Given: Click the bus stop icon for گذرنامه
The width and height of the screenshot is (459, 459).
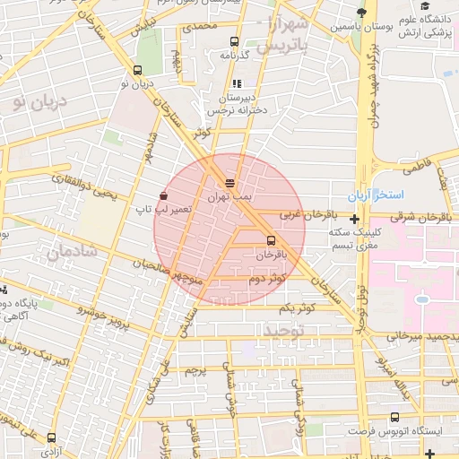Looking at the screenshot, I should point(234,41).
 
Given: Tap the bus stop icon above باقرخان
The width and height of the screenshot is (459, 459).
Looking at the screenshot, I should point(271,240).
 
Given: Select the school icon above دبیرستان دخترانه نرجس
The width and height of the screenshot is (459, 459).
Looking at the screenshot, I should point(237,83).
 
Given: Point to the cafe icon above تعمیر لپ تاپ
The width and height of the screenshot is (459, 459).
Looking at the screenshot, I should point(163,195).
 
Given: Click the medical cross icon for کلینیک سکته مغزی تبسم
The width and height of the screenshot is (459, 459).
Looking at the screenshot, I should point(355,219).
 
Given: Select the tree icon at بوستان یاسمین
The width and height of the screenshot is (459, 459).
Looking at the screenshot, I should point(360,13).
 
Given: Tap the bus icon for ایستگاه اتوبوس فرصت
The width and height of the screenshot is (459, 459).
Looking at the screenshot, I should point(395,417).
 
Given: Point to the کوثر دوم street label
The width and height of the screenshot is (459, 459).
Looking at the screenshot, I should point(267,278).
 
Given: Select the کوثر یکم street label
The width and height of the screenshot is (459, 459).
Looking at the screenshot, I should point(274,307).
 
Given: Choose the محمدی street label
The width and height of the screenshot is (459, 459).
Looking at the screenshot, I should point(199,28).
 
